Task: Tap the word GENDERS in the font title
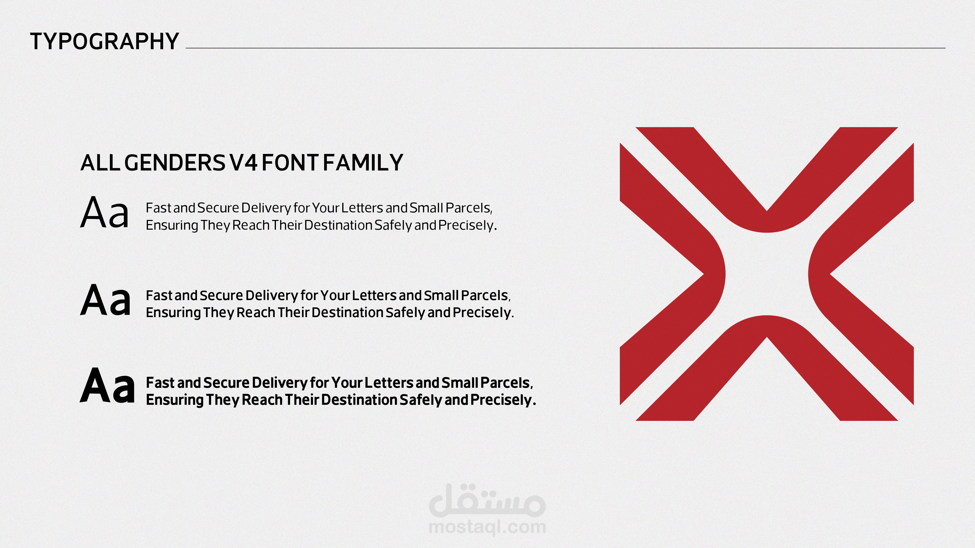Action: click(175, 163)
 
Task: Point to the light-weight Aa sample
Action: click(105, 213)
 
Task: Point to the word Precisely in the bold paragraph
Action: click(503, 400)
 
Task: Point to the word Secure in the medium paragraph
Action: click(221, 295)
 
